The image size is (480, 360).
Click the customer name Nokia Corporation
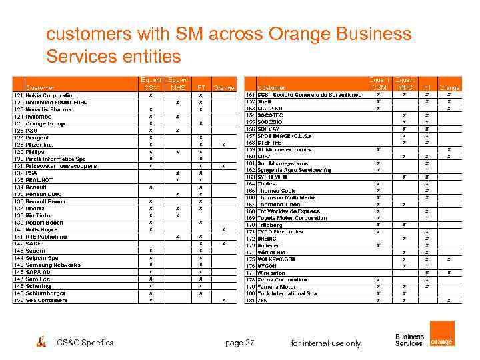(x=51, y=95)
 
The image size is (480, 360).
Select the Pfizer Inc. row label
(x=39, y=144)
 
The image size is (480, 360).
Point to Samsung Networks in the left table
(x=53, y=265)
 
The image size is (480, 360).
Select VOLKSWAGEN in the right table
(x=277, y=259)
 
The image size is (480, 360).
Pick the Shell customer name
(x=264, y=102)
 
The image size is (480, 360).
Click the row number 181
(x=251, y=300)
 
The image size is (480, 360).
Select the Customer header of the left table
(x=40, y=87)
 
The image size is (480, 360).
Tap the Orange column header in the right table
(x=449, y=87)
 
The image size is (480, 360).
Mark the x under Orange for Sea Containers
(x=223, y=300)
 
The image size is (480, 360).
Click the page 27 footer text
(x=240, y=343)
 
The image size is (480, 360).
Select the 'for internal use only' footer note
(x=326, y=343)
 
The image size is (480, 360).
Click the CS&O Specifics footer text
(x=85, y=343)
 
